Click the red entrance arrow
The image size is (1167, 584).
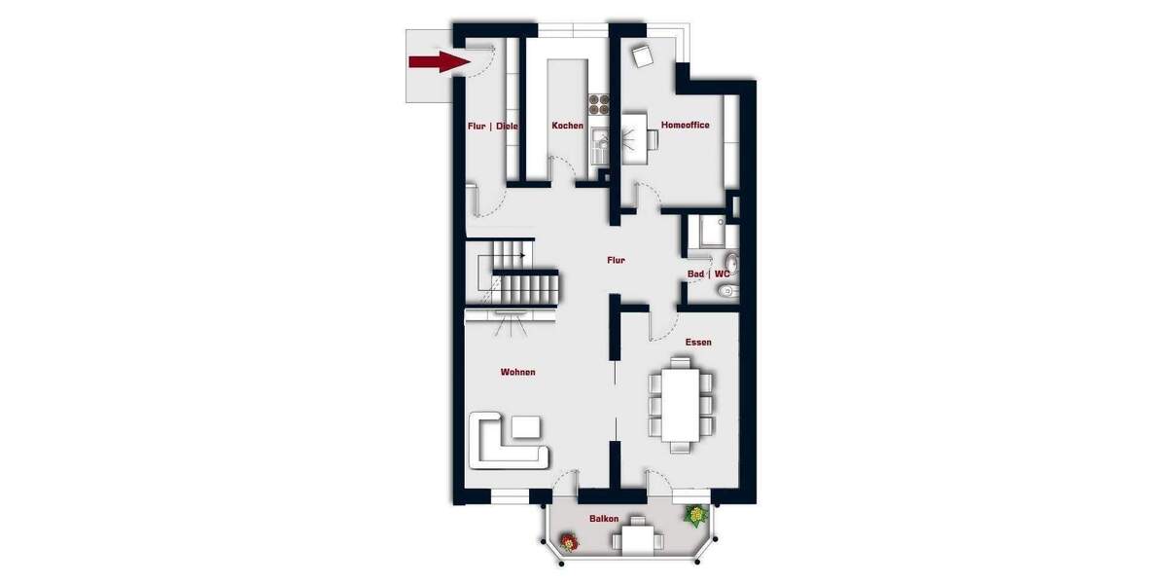434,62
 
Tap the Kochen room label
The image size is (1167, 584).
568,126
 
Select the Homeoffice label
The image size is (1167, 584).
685,126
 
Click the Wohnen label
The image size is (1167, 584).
517,372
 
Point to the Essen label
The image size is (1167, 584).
697,342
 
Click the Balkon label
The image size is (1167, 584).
603,519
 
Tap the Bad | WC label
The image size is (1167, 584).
708,274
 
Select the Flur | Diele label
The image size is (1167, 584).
491,126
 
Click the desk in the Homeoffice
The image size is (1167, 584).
632,134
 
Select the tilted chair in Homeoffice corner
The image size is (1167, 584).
642,56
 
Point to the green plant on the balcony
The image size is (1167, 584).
696,515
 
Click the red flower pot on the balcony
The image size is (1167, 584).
568,543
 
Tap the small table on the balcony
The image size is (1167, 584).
638,537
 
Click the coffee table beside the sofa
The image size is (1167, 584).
527,426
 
